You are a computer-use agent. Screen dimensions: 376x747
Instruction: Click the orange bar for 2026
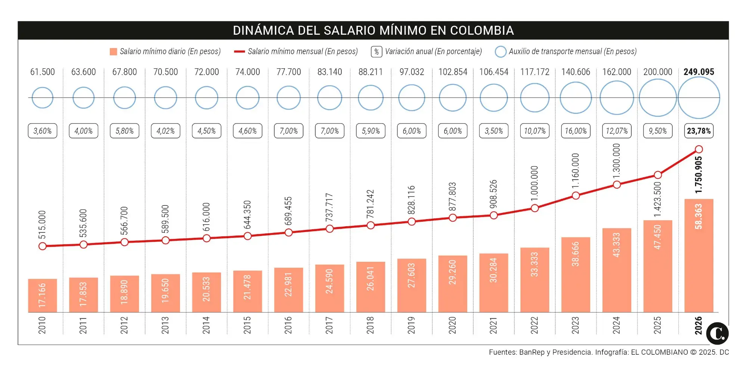(698, 255)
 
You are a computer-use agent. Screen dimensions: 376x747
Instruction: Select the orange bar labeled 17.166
(42, 295)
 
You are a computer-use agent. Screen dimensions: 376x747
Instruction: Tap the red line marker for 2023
(576, 196)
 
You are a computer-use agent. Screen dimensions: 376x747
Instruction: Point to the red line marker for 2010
(42, 246)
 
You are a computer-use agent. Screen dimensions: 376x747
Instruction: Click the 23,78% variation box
(698, 131)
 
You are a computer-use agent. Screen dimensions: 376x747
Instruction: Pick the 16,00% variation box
(576, 131)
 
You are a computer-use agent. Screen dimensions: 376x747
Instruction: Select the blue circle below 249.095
(698, 98)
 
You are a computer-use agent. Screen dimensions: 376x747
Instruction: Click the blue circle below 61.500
(42, 98)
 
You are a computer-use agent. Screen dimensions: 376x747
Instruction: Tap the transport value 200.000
(657, 72)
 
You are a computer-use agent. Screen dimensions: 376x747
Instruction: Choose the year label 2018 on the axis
(370, 325)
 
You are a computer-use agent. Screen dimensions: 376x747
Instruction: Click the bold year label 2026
(698, 325)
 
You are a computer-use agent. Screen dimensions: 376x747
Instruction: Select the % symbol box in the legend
(376, 52)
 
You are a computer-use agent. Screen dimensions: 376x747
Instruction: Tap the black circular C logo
(717, 333)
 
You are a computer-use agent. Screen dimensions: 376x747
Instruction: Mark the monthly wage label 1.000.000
(534, 183)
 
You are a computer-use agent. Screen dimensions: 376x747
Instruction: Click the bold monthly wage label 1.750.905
(698, 174)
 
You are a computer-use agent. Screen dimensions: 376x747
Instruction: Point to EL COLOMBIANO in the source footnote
(659, 352)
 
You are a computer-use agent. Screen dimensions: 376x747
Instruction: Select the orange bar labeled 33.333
(534, 280)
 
